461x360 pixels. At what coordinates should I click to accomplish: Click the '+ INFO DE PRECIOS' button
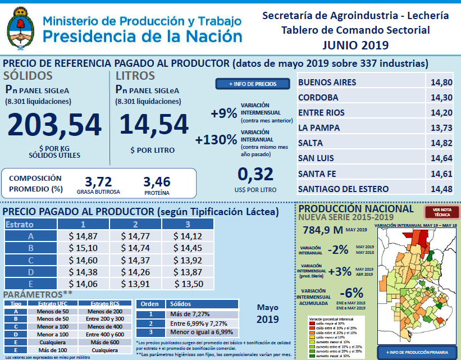click(x=252, y=84)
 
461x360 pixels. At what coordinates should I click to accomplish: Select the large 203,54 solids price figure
click(x=54, y=125)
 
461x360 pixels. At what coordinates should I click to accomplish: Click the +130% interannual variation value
click(x=216, y=139)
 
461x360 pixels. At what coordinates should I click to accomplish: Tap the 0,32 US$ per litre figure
click(x=255, y=174)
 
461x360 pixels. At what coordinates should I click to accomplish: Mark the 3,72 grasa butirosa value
click(x=98, y=181)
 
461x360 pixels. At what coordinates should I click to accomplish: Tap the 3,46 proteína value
click(x=157, y=181)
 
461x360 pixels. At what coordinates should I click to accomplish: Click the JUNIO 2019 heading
click(x=355, y=44)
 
